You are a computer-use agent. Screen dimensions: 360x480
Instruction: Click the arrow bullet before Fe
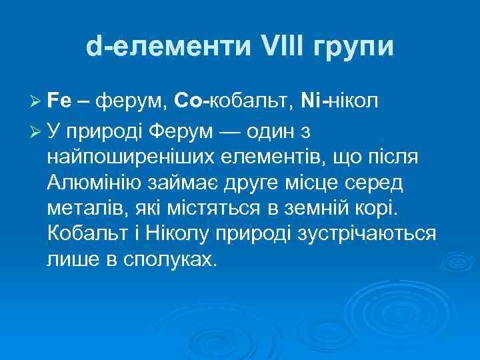(x=37, y=101)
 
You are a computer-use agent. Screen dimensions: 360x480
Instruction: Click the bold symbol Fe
(x=61, y=101)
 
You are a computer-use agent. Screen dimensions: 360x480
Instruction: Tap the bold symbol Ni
(x=310, y=101)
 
